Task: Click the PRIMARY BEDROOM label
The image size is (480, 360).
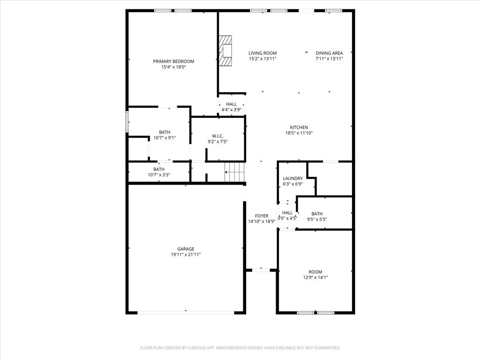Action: (x=173, y=61)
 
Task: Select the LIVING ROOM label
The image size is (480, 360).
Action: (x=262, y=53)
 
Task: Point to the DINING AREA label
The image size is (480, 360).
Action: (x=329, y=53)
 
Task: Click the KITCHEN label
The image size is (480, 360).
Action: (x=299, y=127)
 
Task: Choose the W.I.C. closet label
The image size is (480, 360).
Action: (x=217, y=136)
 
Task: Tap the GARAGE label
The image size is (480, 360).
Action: (x=186, y=249)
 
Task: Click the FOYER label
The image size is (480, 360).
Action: (x=262, y=216)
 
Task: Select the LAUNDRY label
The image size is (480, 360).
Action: (x=292, y=179)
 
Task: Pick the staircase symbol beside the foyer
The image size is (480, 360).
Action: (x=235, y=172)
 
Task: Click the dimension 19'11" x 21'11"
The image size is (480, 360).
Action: (x=186, y=255)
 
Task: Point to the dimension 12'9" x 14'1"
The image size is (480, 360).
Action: (x=315, y=277)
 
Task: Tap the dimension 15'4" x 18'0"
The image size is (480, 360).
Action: (x=173, y=67)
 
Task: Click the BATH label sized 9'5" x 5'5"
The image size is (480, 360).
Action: (x=317, y=214)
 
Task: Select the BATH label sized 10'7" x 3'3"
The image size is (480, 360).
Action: (x=159, y=169)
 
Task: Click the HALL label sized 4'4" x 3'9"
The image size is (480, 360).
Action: (x=231, y=104)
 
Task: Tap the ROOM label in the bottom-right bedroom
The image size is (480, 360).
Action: (x=315, y=272)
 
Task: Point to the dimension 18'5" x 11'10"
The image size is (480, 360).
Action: (x=299, y=133)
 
